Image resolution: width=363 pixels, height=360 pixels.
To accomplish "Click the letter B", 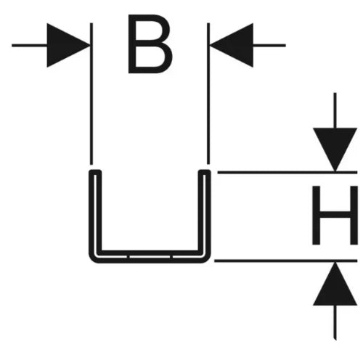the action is pos(150,44).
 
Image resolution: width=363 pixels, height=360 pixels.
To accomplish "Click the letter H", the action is pos(335,215).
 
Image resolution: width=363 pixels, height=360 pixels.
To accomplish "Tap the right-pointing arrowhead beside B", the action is pos(68,45).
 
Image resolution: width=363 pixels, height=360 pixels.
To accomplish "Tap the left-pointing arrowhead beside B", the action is pos(232,45).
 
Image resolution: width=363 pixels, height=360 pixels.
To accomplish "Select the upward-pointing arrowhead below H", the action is pos(335,284).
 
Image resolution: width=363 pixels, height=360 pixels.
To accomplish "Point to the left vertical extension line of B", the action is pos(91,94).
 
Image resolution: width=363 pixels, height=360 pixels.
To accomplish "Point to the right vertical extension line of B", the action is pos(208,94).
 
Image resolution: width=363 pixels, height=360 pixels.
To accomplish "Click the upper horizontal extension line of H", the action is pos(287,173).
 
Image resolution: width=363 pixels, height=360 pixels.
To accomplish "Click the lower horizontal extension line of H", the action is pos(286,261).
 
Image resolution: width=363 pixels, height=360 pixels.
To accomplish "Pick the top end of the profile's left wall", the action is pos(95,171).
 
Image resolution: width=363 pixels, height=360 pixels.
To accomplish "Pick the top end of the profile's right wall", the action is pos(205,171).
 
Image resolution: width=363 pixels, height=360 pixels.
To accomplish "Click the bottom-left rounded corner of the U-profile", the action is pos(93,259).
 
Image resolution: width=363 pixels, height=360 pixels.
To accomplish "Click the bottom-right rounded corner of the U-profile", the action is pos(207,259).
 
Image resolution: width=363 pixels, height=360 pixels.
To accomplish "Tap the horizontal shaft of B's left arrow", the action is pos(29,45).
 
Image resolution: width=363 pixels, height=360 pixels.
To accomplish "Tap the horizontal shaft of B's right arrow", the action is pos(269,45).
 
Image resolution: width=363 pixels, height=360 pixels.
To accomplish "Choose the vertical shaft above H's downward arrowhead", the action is pos(335,110).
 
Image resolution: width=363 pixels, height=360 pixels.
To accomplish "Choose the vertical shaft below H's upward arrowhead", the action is pos(335,322).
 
